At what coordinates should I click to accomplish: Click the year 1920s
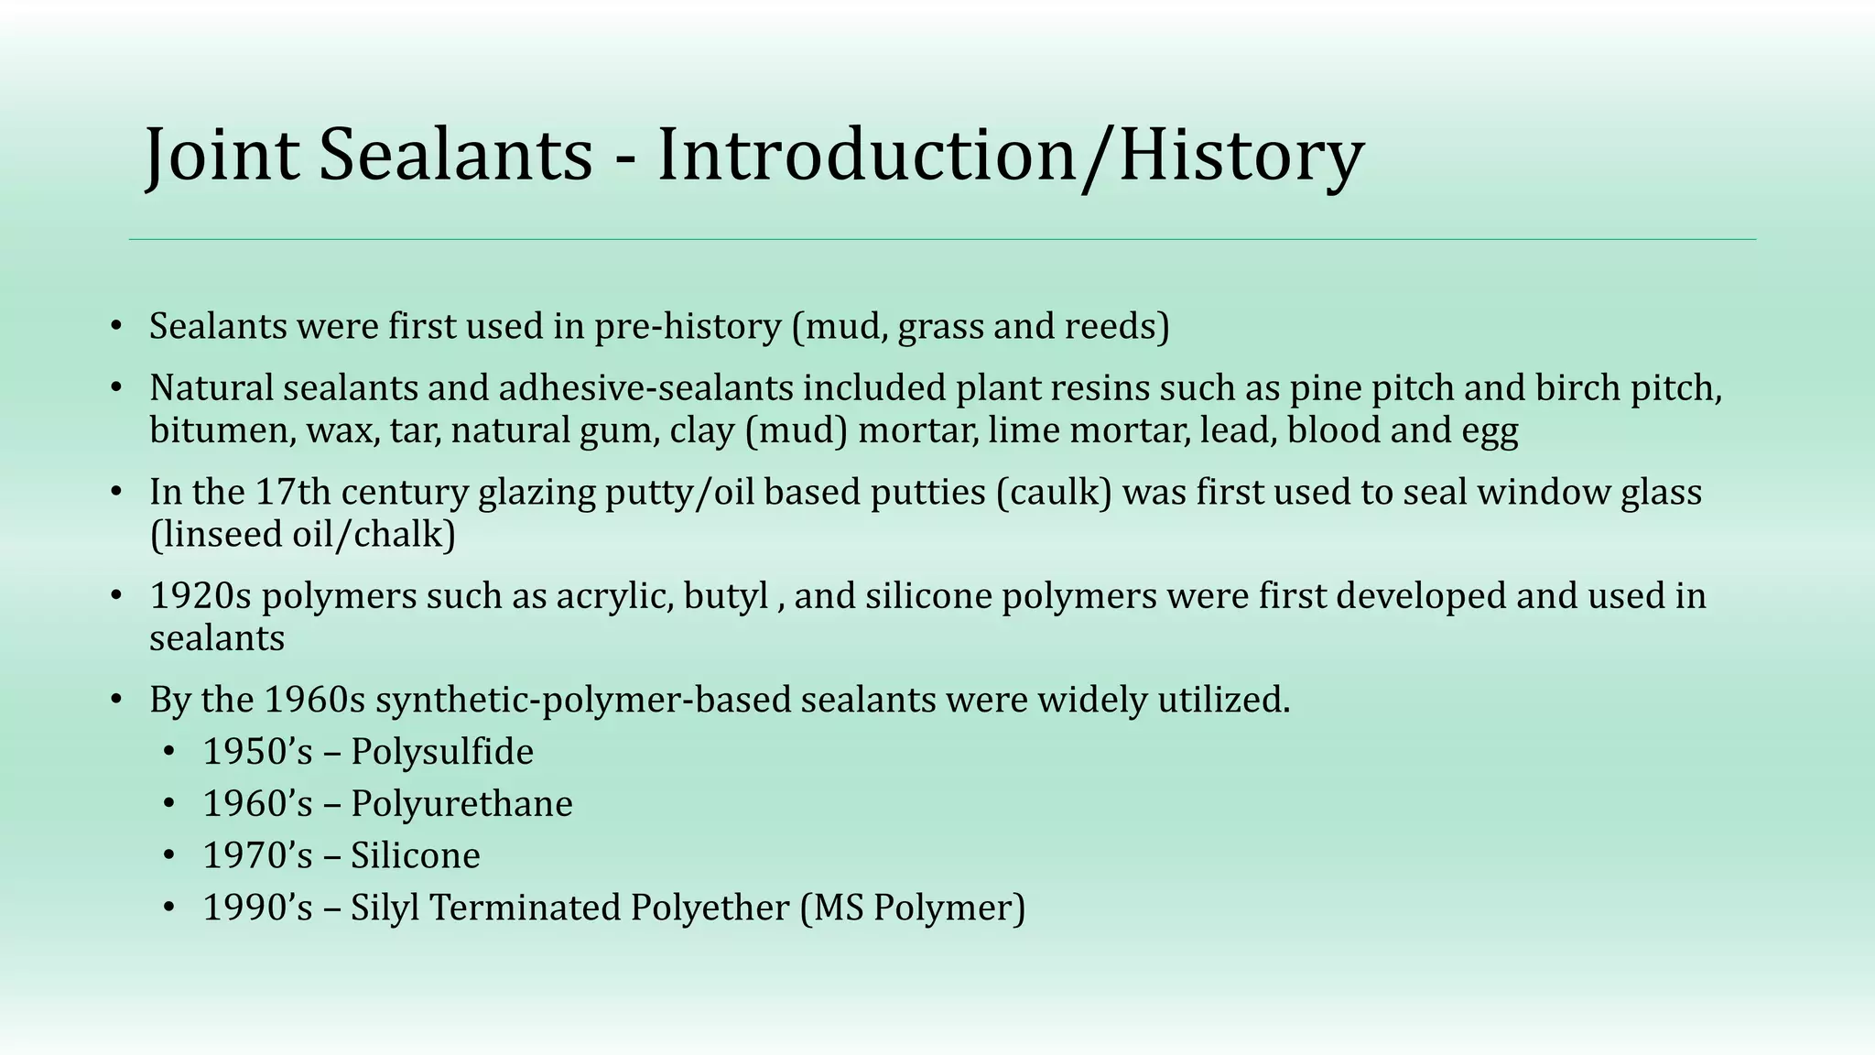201,596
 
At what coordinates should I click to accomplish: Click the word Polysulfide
442,753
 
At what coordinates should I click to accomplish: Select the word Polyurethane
461,805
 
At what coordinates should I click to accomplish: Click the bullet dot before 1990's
168,908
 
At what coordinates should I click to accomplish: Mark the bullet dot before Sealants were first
115,327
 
